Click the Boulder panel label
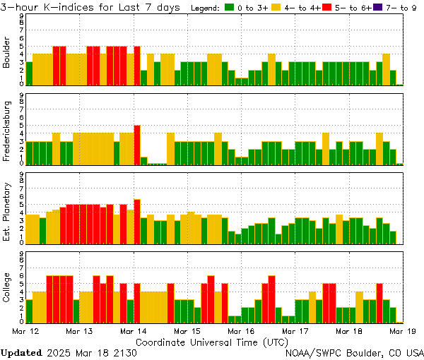pos(7,54)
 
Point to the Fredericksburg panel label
pos(7,133)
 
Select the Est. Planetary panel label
pos(7,212)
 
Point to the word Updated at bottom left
pos(20,352)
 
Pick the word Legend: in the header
pos(206,7)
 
